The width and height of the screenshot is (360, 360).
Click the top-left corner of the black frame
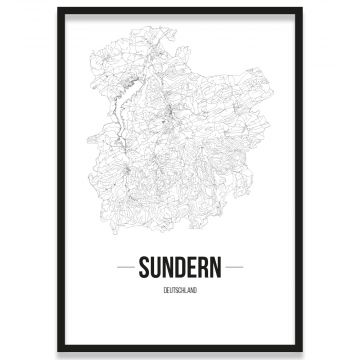coord(59,9)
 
